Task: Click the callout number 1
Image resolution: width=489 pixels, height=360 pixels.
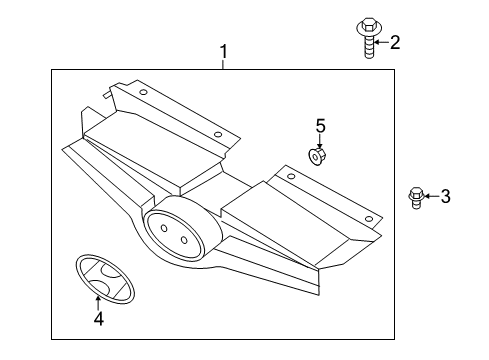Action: [224, 52]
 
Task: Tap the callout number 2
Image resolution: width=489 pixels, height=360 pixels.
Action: [395, 43]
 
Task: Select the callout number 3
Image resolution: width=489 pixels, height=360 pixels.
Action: [446, 196]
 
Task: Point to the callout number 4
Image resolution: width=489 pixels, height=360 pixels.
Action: [99, 319]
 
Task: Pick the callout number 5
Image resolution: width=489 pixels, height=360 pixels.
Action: [320, 126]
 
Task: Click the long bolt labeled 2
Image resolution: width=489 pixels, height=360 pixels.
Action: [368, 38]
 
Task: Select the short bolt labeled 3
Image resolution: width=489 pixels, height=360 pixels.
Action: [416, 198]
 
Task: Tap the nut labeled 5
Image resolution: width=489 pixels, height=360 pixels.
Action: [316, 157]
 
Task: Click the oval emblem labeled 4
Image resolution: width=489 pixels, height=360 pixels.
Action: [105, 279]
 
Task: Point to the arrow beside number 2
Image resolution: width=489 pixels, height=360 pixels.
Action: [381, 42]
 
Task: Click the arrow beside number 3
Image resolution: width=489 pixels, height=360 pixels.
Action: [431, 196]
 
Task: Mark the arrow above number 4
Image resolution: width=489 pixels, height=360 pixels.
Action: [98, 303]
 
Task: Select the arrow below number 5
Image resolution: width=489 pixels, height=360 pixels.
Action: [320, 141]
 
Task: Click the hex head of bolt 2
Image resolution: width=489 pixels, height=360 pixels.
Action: [368, 25]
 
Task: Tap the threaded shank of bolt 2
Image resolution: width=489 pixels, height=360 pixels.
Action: [368, 47]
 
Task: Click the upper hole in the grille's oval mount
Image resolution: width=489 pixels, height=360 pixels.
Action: [164, 228]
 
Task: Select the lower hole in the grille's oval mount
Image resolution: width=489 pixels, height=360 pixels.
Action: [184, 240]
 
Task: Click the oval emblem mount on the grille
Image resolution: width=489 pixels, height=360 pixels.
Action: [174, 234]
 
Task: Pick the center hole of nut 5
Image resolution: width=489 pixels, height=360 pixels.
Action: [315, 157]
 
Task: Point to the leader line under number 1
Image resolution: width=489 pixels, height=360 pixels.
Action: [224, 64]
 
